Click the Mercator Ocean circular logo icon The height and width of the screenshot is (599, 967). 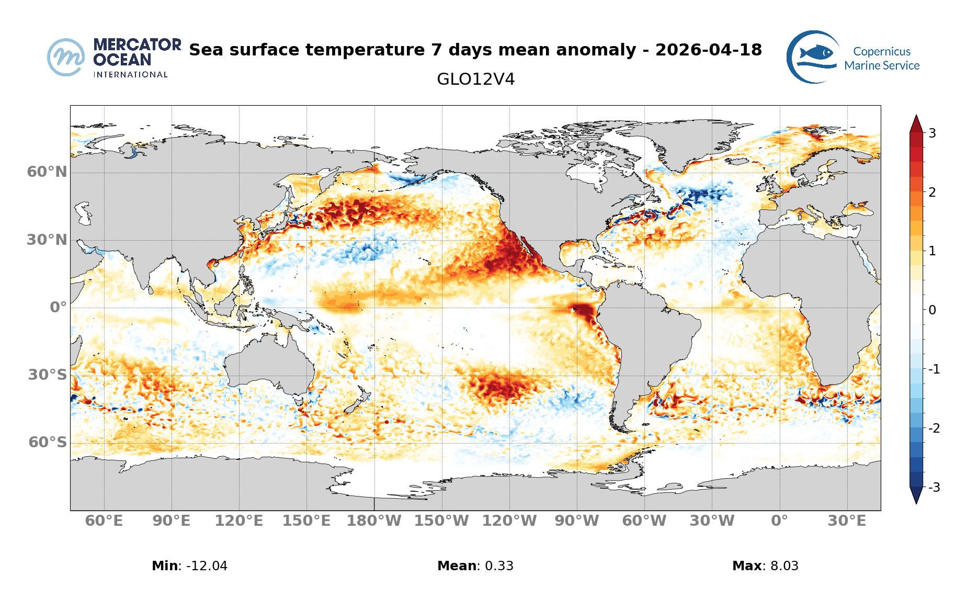tap(66, 57)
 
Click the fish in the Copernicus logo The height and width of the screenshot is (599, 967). tap(816, 52)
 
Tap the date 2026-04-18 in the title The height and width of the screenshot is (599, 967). tap(708, 50)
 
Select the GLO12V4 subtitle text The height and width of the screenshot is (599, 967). tap(475, 80)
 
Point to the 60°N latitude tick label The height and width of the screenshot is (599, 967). tap(47, 172)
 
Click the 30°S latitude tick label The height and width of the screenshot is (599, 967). tap(47, 375)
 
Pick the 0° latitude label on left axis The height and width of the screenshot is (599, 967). tap(58, 307)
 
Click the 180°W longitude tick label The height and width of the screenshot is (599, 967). tap(374, 521)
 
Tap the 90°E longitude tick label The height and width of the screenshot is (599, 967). tap(172, 521)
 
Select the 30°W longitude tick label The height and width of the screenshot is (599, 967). tap(712, 521)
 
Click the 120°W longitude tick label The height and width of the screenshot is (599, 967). tap(509, 521)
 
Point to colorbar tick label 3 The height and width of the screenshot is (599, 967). tap(932, 133)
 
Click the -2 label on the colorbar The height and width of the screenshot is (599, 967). tap(934, 428)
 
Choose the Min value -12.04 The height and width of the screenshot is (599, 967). tap(207, 566)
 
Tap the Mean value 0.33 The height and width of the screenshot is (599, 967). tap(499, 566)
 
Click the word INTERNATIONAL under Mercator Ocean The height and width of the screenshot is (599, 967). tap(130, 75)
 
